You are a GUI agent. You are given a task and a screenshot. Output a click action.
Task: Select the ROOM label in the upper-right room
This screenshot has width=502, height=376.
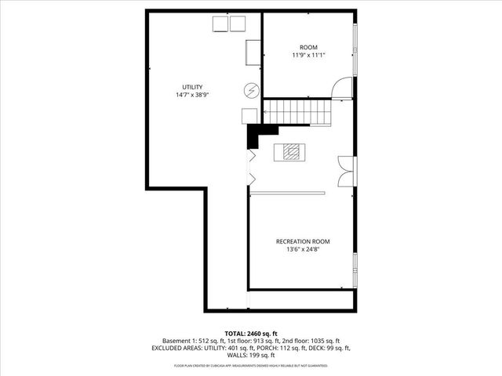coord(308,47)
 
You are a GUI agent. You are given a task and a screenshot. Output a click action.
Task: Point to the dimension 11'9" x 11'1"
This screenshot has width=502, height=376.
coord(308,56)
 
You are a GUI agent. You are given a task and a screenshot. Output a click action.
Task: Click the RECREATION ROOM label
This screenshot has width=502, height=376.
coord(302,240)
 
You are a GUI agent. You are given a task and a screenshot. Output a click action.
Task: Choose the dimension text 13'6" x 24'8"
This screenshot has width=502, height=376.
coord(302,249)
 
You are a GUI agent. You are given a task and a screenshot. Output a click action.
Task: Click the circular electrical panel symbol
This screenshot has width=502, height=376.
coord(252,90)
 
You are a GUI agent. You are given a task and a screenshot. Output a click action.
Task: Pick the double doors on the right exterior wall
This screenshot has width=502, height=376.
coord(344,171)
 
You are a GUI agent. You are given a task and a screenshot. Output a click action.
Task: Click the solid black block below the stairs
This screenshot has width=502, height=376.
coord(253,136)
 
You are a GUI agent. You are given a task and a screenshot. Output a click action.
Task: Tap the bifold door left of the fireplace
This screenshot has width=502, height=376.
coord(251,167)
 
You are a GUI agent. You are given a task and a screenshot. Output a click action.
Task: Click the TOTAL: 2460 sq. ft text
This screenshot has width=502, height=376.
coord(251,333)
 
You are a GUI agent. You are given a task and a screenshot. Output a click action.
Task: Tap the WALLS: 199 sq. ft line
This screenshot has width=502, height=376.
coord(251,356)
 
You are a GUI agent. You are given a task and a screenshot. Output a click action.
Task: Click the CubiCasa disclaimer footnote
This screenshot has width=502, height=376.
coord(251,365)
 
